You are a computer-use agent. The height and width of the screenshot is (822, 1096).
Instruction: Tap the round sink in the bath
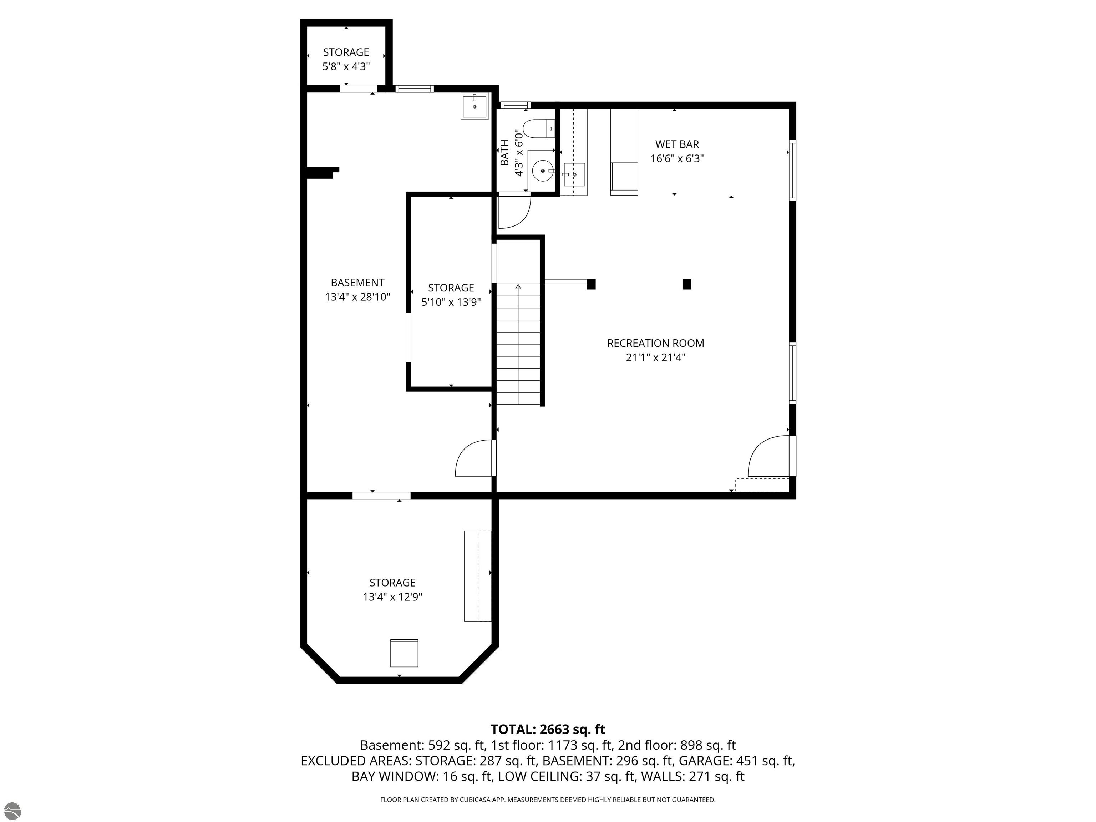pos(543,171)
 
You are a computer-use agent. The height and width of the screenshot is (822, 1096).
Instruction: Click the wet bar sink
pos(574,174)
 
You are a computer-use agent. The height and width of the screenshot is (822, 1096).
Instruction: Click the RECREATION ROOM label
pos(655,343)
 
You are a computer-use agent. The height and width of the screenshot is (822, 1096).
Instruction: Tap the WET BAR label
pos(677,144)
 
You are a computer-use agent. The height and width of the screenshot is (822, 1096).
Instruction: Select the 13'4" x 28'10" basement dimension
pos(358,297)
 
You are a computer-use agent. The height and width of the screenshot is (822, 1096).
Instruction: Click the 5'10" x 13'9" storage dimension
pos(451,302)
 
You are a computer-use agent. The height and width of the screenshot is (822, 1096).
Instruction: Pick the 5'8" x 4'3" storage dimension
pos(346,66)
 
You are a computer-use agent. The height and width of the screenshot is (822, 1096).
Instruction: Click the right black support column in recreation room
pos(687,284)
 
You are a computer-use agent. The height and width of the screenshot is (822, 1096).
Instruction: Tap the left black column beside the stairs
pos(591,284)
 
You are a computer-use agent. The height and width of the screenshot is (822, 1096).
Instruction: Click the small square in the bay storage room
pos(404,653)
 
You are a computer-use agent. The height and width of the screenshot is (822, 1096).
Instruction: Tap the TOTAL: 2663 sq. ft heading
pos(548,729)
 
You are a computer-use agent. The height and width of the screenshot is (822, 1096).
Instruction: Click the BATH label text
pos(504,153)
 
